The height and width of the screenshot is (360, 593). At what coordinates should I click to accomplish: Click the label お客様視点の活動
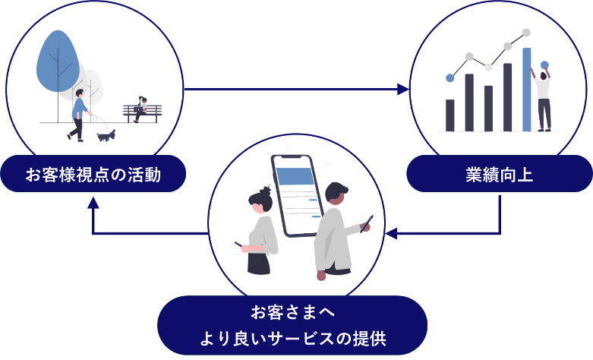pos(93,175)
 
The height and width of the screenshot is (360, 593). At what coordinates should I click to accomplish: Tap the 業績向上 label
pos(499,175)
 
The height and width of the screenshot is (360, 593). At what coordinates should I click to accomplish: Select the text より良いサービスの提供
pos(293,338)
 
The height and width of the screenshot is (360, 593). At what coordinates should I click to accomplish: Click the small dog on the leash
pos(106,135)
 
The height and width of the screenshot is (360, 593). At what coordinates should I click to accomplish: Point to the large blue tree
pos(58,62)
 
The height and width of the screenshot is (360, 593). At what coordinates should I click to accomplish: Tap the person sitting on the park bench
pos(140,109)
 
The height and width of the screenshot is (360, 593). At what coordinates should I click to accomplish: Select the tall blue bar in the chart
pos(526,90)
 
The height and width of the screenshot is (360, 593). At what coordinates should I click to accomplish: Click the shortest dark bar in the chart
pos(450,115)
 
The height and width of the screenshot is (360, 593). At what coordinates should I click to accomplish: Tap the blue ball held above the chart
pos(544,65)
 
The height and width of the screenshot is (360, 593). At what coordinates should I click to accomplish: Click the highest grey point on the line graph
pos(526,33)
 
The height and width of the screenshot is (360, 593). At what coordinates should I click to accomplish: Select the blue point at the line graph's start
pos(450,78)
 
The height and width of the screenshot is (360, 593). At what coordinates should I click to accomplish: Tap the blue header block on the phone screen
pos(295,176)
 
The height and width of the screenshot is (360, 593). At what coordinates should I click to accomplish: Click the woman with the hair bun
pos(259,231)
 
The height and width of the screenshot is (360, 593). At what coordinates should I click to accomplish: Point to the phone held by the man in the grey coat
pos(367,224)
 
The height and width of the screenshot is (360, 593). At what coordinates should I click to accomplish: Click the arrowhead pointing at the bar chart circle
pos(403,90)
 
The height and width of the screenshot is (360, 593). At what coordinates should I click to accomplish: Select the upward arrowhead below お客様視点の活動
pos(93,203)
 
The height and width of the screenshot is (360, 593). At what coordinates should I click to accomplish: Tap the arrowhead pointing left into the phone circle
pos(391,233)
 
